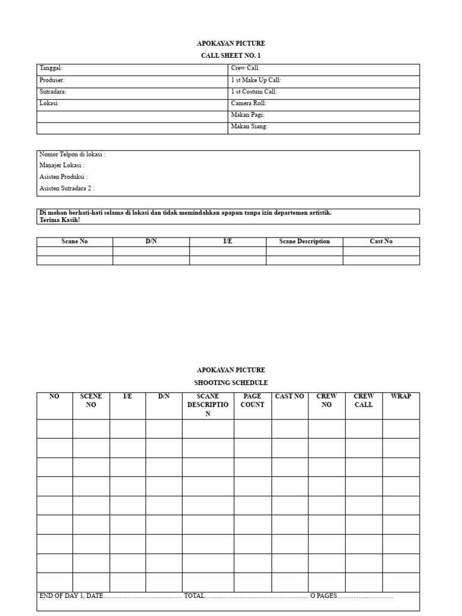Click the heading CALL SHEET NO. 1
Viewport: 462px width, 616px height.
[231, 55]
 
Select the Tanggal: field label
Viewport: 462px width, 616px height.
[51, 69]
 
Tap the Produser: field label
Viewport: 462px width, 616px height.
[52, 80]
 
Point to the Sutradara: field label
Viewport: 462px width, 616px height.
[53, 91]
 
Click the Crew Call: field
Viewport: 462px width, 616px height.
[245, 69]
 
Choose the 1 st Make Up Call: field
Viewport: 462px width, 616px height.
[256, 80]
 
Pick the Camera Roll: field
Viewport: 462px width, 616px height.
[248, 103]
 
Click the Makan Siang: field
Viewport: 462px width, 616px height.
[249, 126]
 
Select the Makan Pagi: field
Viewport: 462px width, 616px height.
[248, 115]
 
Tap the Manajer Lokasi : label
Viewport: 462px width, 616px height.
[62, 165]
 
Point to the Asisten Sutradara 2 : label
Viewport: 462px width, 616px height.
[67, 188]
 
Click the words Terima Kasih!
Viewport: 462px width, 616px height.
[60, 220]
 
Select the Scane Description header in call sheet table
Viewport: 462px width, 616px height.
[304, 241]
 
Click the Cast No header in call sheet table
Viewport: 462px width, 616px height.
[381, 241]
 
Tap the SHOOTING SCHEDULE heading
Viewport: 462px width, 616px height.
[231, 383]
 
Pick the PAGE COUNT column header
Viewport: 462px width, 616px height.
[252, 401]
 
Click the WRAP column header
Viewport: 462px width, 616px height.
[401, 396]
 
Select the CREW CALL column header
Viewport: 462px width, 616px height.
[363, 401]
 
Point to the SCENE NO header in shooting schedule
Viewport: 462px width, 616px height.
[91, 401]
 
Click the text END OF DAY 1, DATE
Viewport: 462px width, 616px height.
[71, 596]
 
